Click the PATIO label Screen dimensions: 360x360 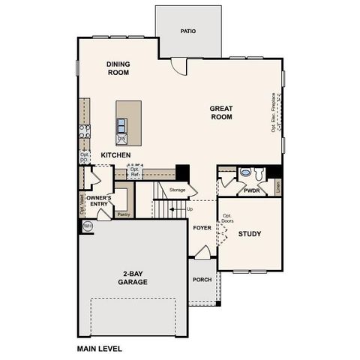pyautogui.click(x=188, y=31)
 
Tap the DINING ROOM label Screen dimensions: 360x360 pyautogui.click(x=118, y=69)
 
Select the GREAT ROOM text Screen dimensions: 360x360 pyautogui.click(x=221, y=112)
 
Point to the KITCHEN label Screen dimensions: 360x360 pyautogui.click(x=116, y=155)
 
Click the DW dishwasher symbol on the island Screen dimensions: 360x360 pyautogui.click(x=121, y=138)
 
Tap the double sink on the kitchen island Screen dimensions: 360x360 pyautogui.click(x=121, y=126)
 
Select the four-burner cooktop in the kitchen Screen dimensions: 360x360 pyautogui.click(x=85, y=133)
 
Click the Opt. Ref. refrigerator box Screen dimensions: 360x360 pyautogui.click(x=134, y=172)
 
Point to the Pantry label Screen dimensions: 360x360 pyautogui.click(x=124, y=214)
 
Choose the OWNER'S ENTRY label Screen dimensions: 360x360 pyautogui.click(x=99, y=202)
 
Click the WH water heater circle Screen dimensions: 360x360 pyautogui.click(x=87, y=226)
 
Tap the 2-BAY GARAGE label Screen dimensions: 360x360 pyautogui.click(x=131, y=278)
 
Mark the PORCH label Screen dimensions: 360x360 pyautogui.click(x=202, y=280)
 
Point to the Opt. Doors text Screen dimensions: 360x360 pyautogui.click(x=227, y=219)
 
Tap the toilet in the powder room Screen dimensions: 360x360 pyautogui.click(x=259, y=174)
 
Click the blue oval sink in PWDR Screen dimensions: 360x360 pyautogui.click(x=245, y=172)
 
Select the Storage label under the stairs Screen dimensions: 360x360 pyautogui.click(x=177, y=190)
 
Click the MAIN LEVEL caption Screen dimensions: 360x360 pyautogui.click(x=99, y=349)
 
